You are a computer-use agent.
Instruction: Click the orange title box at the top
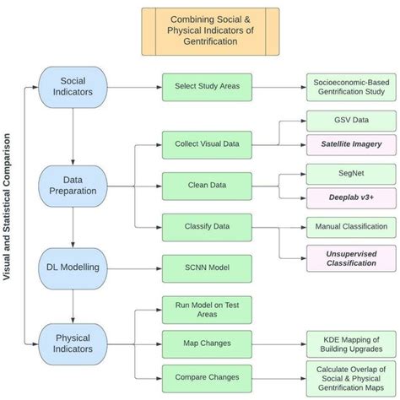tap(210, 31)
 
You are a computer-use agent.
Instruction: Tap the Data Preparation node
tap(74, 185)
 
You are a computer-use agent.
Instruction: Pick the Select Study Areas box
tap(207, 87)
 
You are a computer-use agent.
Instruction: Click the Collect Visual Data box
tap(207, 143)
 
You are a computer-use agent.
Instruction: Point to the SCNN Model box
tap(207, 268)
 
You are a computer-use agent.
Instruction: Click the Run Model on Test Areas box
tap(207, 309)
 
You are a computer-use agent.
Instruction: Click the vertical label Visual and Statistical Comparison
tap(11, 218)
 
